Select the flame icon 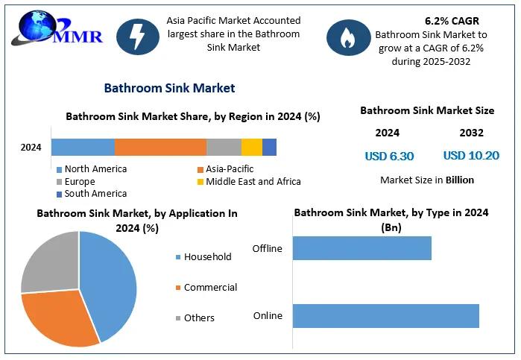click(x=348, y=40)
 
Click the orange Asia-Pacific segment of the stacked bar click(x=160, y=147)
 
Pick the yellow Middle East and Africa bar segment click(x=252, y=147)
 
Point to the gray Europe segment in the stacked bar click(x=224, y=147)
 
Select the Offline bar click(x=361, y=248)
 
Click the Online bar click(x=385, y=315)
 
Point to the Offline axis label click(x=268, y=248)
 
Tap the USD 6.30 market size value click(x=389, y=157)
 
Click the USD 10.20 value click(x=471, y=156)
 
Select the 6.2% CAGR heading click(x=452, y=21)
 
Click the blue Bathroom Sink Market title click(x=169, y=88)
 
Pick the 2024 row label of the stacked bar click(x=31, y=147)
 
